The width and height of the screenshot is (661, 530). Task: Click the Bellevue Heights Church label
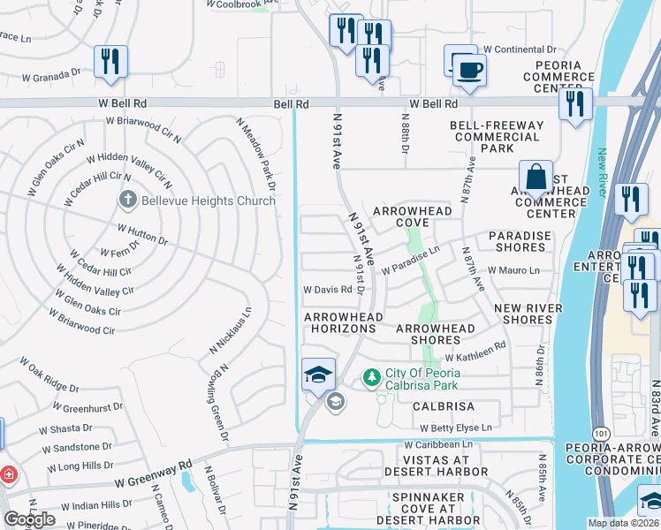[201, 201]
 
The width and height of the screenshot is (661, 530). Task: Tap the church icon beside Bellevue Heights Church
[127, 201]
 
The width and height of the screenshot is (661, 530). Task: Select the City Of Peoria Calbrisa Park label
[422, 379]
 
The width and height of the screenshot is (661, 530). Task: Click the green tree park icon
[372, 379]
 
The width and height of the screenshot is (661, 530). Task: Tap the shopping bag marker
[536, 177]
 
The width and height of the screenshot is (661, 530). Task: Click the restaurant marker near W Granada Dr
[110, 61]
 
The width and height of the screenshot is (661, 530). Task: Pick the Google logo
[29, 519]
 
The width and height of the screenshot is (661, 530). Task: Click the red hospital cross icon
[9, 475]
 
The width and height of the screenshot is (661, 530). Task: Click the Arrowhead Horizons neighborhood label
[344, 316]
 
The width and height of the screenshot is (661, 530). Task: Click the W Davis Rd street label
[328, 289]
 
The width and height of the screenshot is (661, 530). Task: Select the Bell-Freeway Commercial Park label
[495, 137]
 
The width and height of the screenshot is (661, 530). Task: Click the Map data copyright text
[623, 523]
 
